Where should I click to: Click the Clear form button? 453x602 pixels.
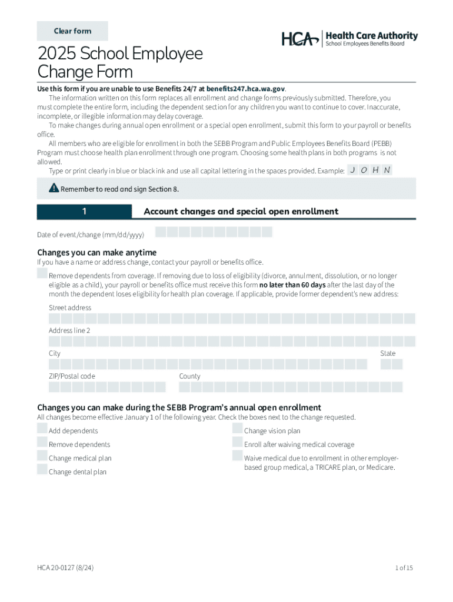pos(72,31)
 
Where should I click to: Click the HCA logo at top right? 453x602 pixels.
pos(349,39)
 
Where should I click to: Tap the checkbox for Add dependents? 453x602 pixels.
pos(42,428)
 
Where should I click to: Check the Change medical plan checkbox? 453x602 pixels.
pos(42,456)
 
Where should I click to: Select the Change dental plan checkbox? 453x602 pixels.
pos(42,469)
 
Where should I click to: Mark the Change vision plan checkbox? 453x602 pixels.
pos(238,428)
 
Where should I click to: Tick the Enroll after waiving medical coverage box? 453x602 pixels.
pos(238,442)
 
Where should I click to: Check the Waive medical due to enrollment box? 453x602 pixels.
pos(238,456)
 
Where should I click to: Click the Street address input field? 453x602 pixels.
pos(232,319)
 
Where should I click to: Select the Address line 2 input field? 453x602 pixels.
pos(232,342)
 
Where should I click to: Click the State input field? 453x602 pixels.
pos(391,364)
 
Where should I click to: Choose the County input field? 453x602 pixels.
pos(291,387)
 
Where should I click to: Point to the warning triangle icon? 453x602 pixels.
pos(54,188)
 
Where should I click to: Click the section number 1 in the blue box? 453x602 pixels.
pos(85,212)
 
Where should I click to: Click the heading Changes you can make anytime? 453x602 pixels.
pos(97,253)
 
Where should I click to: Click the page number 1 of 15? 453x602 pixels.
pos(404,568)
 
